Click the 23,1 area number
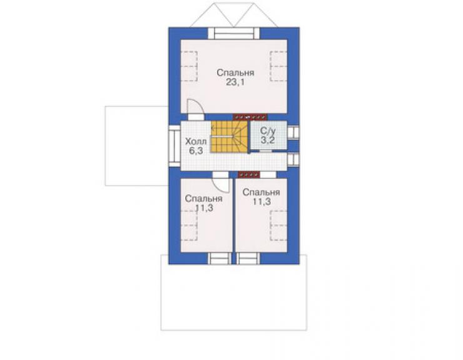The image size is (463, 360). [x=235, y=82]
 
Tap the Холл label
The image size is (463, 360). [x=196, y=141]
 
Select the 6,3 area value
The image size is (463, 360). [x=196, y=151]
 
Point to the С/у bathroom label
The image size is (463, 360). [x=268, y=131]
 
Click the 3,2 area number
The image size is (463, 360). [x=268, y=140]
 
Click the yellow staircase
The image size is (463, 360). [x=230, y=137]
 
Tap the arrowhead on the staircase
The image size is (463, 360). [x=212, y=128]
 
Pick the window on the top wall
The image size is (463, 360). [x=234, y=33]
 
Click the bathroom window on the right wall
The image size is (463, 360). [x=293, y=132]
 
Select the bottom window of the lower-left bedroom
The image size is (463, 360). [x=220, y=259]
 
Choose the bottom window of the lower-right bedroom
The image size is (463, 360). [x=248, y=259]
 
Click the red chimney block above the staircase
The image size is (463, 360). [x=250, y=117]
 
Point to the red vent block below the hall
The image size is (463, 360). [x=249, y=175]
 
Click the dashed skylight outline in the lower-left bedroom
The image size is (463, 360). [x=189, y=225]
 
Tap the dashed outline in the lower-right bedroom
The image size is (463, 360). [x=278, y=225]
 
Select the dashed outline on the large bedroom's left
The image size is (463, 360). [x=189, y=66]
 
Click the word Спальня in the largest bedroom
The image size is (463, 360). [x=235, y=73]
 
